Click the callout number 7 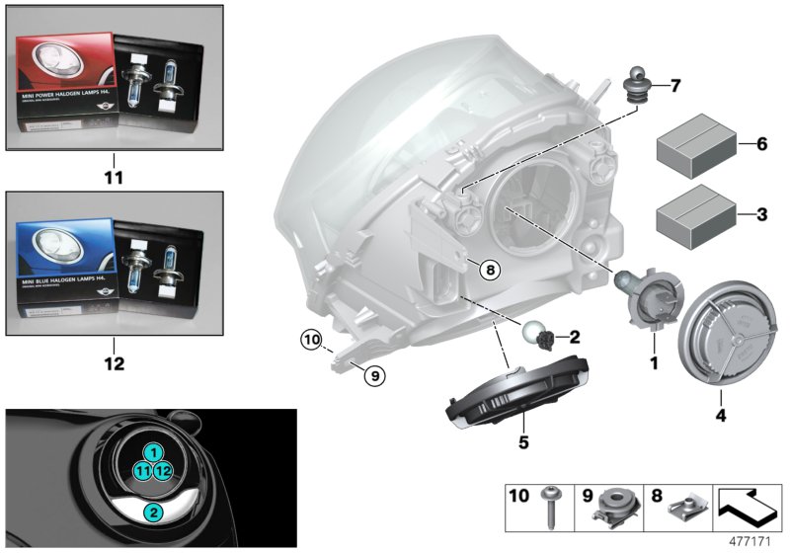674,85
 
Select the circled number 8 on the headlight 491,268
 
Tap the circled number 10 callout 313,342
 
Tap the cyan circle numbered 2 151,513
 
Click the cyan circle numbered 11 143,471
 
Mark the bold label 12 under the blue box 115,364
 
